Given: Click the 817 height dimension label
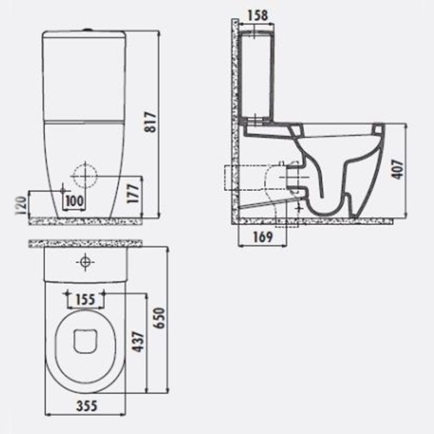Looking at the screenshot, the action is tap(151, 122).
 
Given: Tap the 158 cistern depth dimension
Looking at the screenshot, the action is tap(258, 15).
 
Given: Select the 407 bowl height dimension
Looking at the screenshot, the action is tap(398, 169).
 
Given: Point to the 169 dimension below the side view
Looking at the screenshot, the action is tap(263, 237).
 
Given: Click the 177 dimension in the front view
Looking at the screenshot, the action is tap(133, 193).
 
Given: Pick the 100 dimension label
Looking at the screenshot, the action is tap(75, 201).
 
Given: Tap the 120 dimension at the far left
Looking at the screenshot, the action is tap(21, 205).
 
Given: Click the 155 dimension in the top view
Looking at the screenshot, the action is tap(85, 299).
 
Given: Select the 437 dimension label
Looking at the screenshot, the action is tap(138, 341).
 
